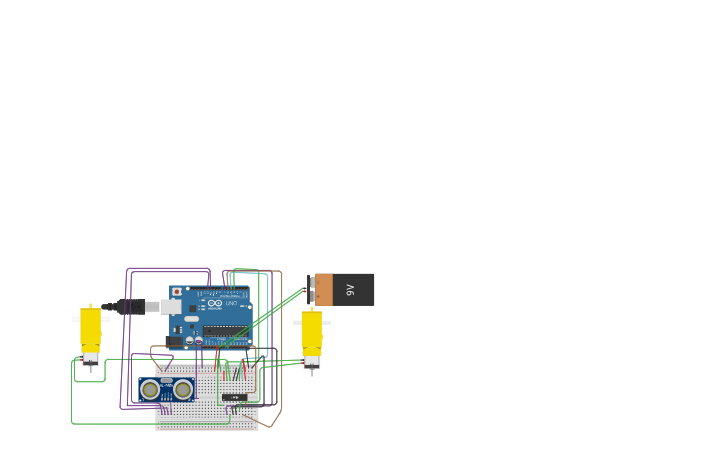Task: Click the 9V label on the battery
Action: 350,290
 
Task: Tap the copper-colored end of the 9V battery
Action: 324,290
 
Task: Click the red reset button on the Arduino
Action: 177,292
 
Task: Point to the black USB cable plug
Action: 130,307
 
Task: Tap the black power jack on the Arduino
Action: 175,341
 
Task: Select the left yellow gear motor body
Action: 91,327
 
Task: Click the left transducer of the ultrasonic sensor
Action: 150,389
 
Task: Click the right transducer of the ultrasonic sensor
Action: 183,389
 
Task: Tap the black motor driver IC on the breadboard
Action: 234,397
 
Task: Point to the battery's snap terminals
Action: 310,290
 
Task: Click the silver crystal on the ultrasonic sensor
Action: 167,381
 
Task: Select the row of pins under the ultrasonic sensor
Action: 166,408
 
